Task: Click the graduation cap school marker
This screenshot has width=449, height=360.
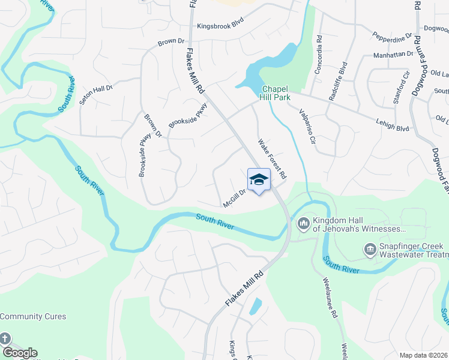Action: (x=259, y=180)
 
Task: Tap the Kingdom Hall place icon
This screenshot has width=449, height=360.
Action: (x=303, y=224)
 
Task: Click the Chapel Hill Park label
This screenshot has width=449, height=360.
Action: (x=276, y=92)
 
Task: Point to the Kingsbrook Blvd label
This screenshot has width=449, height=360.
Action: (x=221, y=26)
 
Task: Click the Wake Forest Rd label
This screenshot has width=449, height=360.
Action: (x=273, y=159)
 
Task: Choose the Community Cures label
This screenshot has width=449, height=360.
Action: (x=33, y=316)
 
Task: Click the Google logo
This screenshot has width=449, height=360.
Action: (x=19, y=353)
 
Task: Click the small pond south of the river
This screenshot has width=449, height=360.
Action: (x=255, y=307)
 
